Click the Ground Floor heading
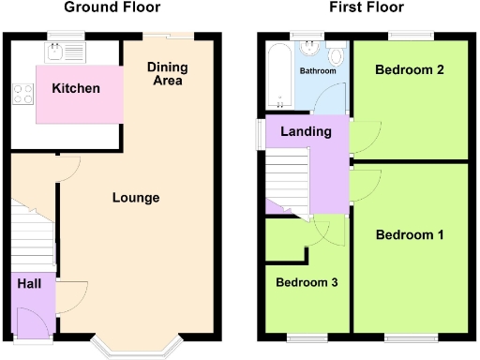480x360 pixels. point(112,7)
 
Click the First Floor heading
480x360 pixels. point(367,7)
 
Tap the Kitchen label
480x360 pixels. point(76,88)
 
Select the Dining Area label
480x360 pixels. point(169,74)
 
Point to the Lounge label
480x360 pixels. point(136,198)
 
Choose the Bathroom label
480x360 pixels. point(317,71)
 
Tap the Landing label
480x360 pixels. point(306,131)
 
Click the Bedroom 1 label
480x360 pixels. point(410,234)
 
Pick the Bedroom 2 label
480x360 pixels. point(409,69)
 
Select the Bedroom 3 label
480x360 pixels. point(307,281)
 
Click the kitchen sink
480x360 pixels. point(66,49)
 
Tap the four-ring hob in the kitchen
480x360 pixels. point(21,93)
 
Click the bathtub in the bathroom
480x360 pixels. point(276,75)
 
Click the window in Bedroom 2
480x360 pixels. point(411,36)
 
